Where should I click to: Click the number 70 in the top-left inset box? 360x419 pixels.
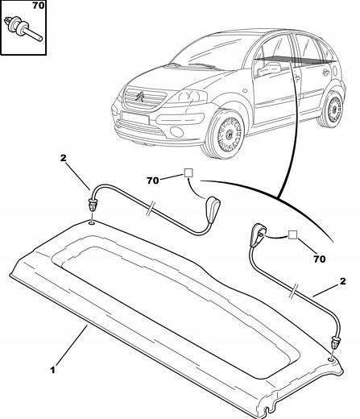[39, 5]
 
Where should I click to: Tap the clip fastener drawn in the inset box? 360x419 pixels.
[23, 28]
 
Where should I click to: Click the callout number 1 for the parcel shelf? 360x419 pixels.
[52, 370]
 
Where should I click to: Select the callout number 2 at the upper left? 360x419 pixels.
[63, 158]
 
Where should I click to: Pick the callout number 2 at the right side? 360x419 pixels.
[343, 281]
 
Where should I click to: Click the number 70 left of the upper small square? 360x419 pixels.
[153, 180]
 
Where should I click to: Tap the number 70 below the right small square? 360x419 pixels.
[320, 259]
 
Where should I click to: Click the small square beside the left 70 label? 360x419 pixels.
[188, 172]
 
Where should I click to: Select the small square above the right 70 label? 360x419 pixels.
[293, 235]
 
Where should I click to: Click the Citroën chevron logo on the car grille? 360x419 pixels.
[140, 96]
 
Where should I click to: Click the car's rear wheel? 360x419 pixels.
[331, 108]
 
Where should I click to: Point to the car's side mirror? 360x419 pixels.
[269, 68]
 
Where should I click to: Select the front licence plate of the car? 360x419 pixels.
[135, 118]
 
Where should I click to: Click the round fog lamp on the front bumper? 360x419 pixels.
[176, 131]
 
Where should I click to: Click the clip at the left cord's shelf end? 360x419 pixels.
[93, 205]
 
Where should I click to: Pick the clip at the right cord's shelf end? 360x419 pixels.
[336, 342]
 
